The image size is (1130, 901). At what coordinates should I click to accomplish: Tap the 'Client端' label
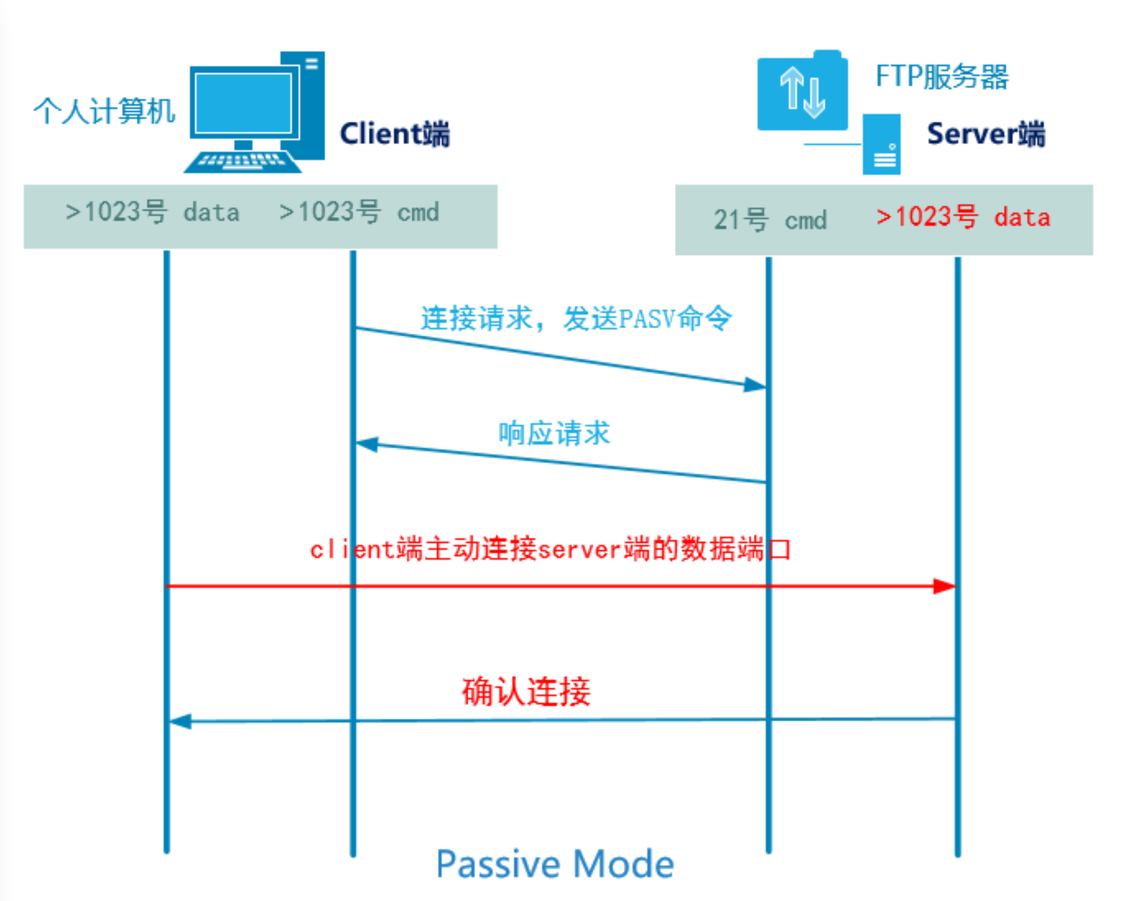tap(395, 134)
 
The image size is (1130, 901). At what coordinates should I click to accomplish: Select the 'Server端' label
tap(986, 134)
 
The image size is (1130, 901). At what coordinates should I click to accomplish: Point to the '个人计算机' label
tap(104, 111)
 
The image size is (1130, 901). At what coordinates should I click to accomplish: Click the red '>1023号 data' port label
tap(963, 216)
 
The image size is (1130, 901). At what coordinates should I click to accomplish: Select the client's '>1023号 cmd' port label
tap(359, 212)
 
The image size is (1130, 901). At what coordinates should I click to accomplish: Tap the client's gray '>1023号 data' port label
tap(152, 212)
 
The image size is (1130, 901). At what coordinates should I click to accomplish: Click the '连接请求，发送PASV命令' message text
tap(576, 318)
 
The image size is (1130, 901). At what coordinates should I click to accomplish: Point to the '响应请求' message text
tap(554, 433)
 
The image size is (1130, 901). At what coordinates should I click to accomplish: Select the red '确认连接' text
tap(526, 692)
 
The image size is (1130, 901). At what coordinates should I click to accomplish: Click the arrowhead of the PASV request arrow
tap(755, 385)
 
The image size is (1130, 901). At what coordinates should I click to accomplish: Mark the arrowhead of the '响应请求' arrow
tap(367, 444)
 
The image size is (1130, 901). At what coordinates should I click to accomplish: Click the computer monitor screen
tap(243, 103)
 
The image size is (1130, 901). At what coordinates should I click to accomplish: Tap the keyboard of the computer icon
tap(242, 161)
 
